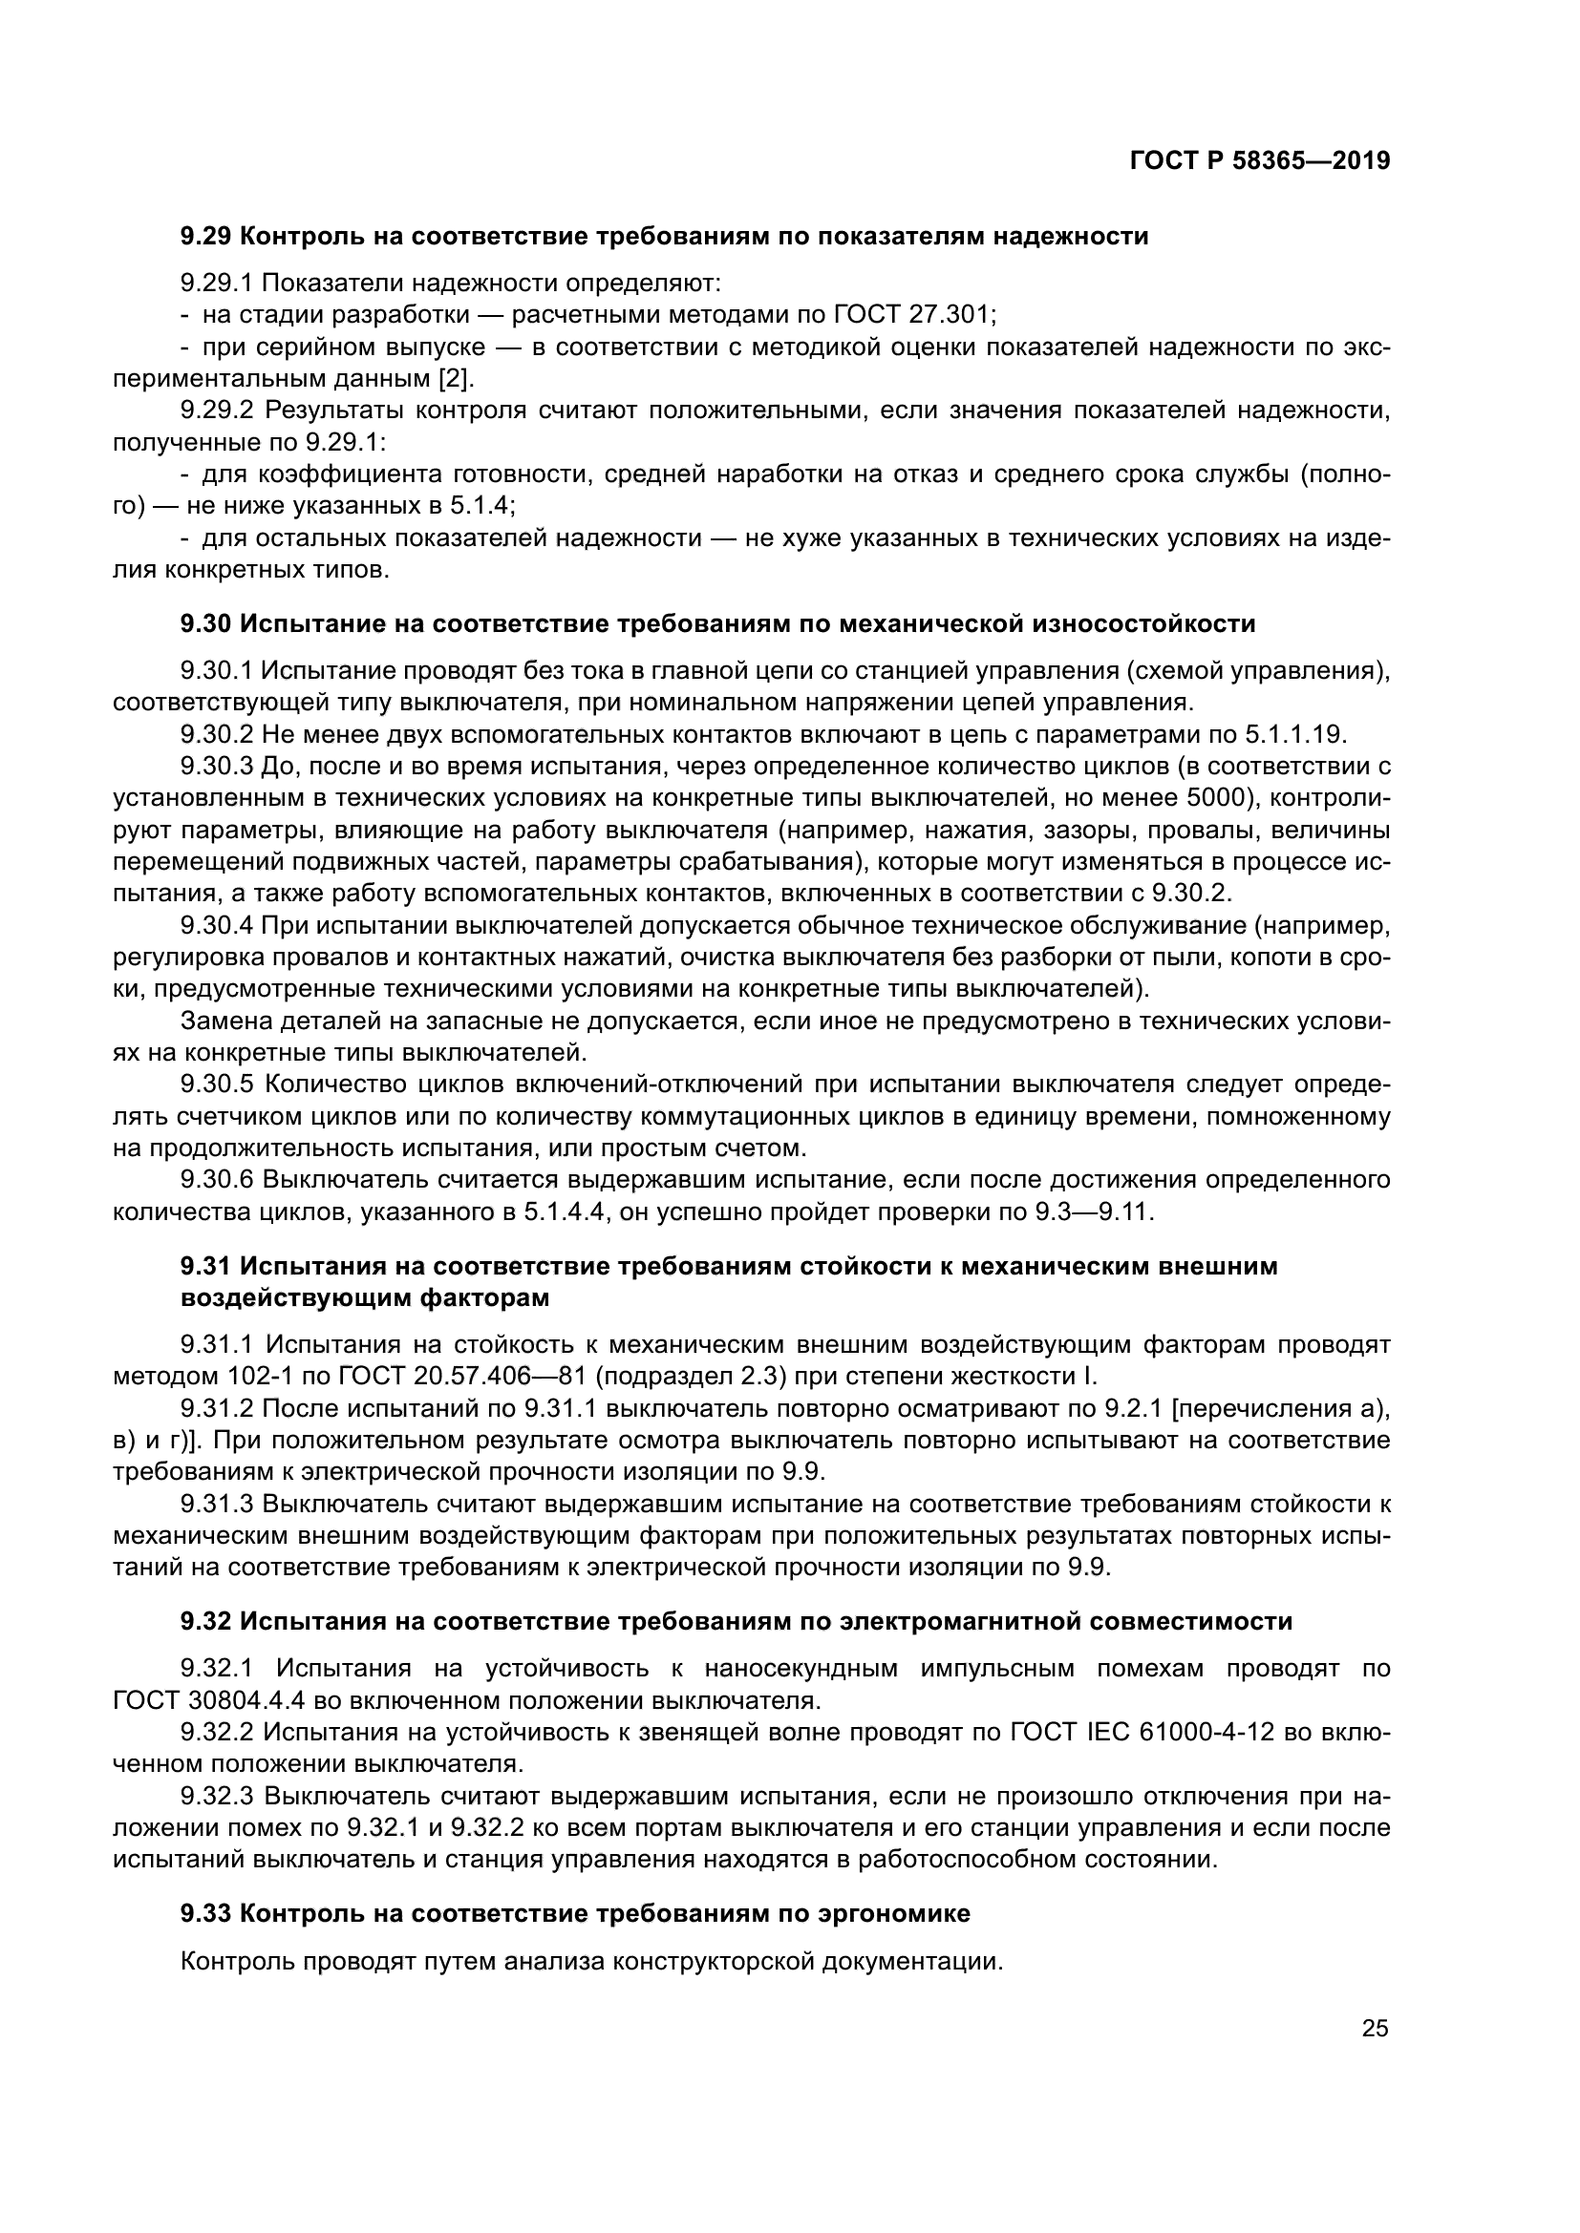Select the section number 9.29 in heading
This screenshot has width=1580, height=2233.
(205, 237)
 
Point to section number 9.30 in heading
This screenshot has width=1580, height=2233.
(205, 623)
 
